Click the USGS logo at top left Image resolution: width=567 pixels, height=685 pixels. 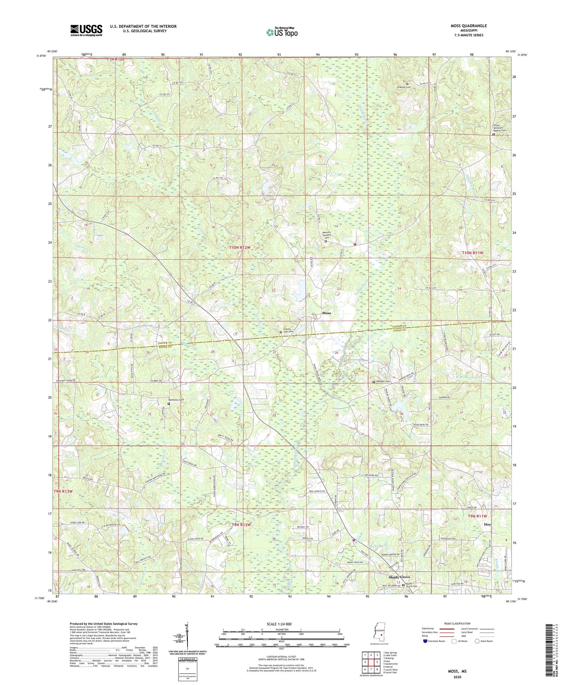(86, 30)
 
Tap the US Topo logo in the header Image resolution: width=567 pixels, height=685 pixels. (282, 32)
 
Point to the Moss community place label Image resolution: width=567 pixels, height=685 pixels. (326, 313)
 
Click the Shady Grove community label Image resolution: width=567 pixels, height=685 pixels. (399, 577)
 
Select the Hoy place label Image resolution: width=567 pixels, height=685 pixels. (488, 524)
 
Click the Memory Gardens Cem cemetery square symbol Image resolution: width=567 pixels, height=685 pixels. (326, 241)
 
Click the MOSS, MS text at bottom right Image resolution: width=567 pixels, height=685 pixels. (456, 671)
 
